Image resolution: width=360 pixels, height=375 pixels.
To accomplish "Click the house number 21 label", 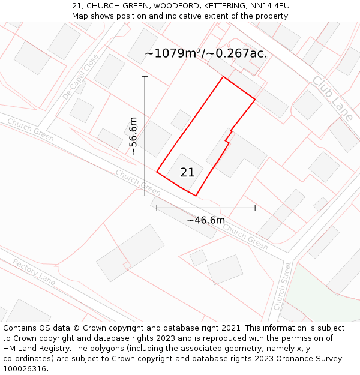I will click(x=187, y=172).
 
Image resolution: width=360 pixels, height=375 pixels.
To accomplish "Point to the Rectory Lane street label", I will click(x=34, y=272).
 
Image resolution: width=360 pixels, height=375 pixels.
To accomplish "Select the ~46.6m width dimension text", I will click(x=206, y=220).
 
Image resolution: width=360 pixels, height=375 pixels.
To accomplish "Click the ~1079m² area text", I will click(x=173, y=53).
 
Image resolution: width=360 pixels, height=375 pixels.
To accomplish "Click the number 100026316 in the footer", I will click(x=25, y=368).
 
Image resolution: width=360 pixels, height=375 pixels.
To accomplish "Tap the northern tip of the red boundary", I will click(x=223, y=77).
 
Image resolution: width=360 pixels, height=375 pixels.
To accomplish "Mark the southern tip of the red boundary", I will click(x=196, y=196).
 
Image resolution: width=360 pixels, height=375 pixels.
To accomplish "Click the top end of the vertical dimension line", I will click(x=145, y=77).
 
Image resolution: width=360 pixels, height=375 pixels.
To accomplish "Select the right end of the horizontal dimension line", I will click(x=255, y=208).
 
